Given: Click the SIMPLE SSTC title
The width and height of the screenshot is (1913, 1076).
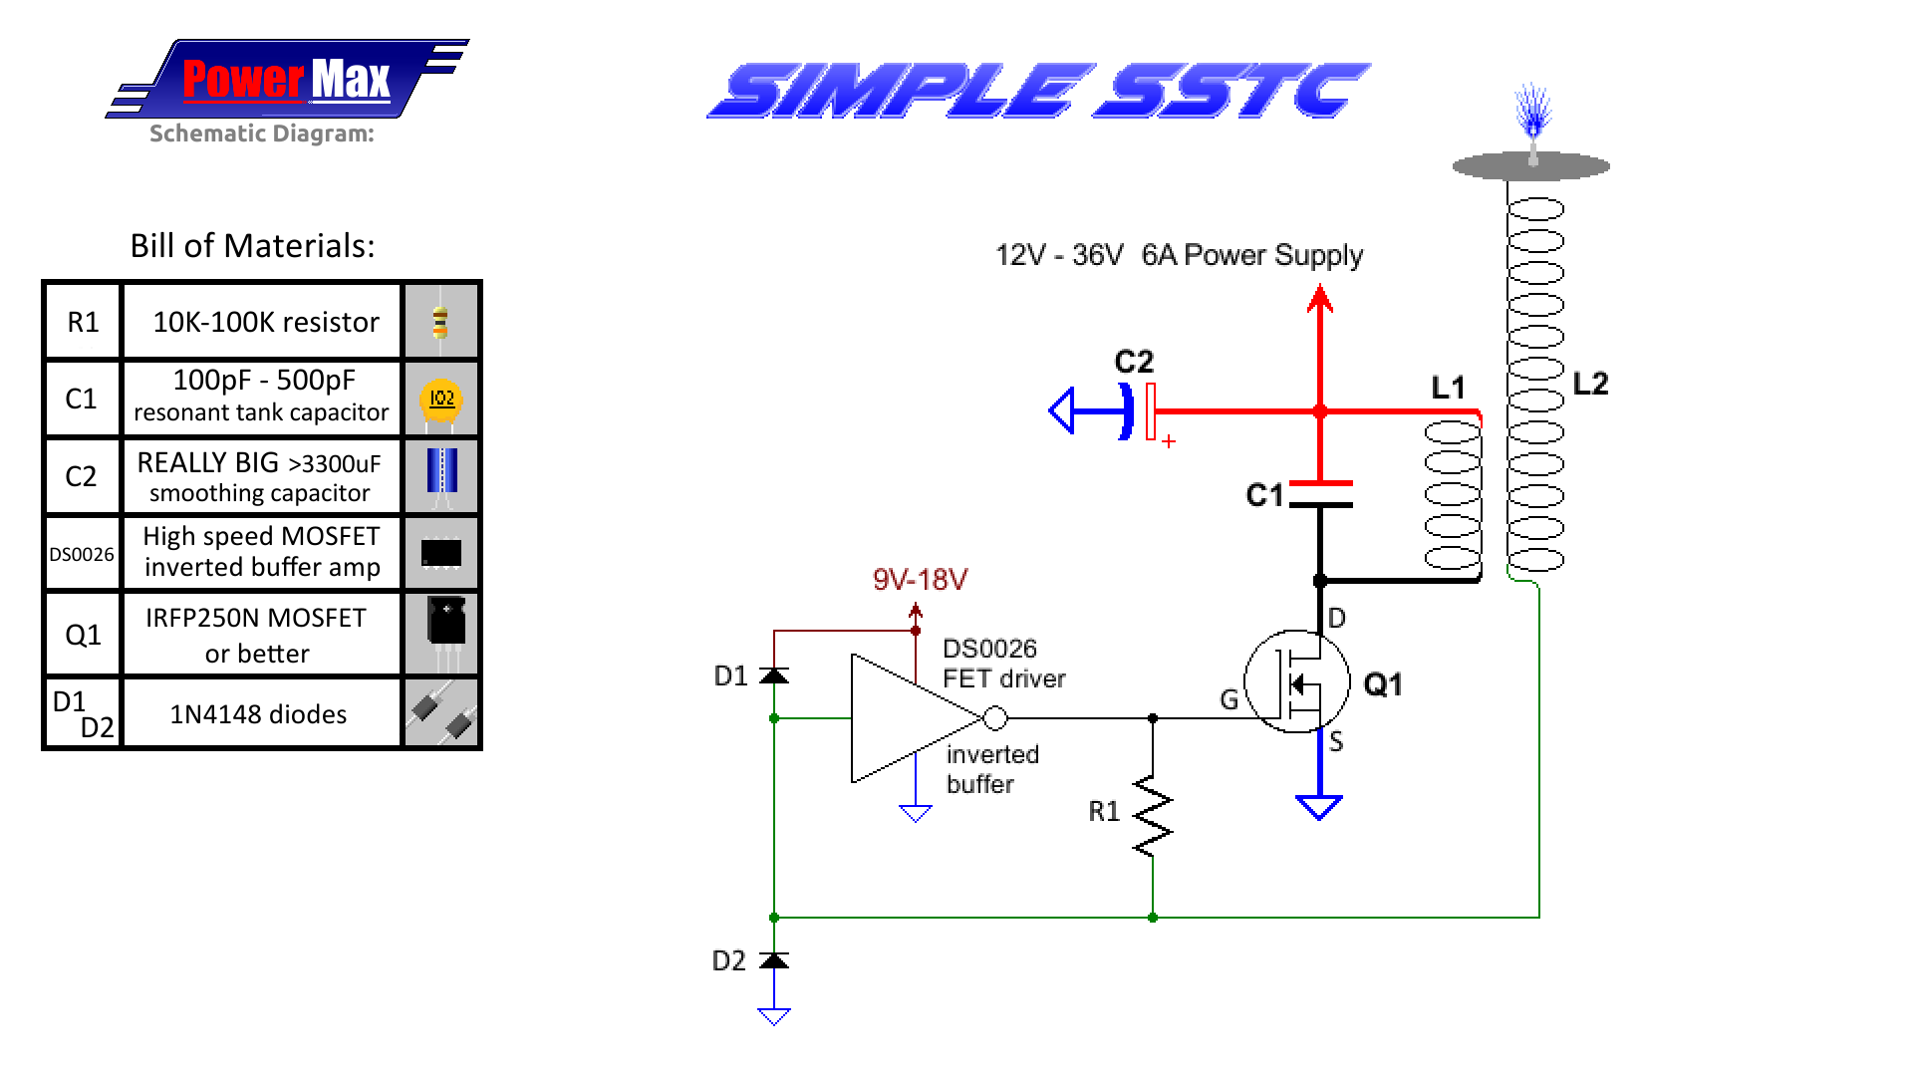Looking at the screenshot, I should pos(1038,91).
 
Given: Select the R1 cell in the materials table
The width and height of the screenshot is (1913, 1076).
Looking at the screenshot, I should pos(83,322).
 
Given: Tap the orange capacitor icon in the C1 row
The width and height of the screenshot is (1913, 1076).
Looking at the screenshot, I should pos(441,399).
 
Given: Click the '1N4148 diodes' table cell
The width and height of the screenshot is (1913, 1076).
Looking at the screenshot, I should pos(259,714).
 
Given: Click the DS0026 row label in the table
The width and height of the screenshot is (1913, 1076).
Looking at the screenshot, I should pos(82,554).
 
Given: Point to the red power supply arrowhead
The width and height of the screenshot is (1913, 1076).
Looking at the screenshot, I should pos(1320,298).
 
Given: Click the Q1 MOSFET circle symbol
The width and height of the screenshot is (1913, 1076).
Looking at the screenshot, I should pos(1296,682).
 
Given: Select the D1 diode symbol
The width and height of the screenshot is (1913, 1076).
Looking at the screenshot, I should pos(774,675).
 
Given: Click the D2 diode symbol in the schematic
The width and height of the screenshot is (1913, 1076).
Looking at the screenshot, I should pos(774,960).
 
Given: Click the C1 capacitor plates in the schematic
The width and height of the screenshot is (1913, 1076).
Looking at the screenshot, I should pos(1320,494).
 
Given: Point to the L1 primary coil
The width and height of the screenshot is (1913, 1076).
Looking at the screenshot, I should pos(1453,494).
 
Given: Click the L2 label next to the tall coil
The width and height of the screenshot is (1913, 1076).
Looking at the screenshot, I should pos(1590,385).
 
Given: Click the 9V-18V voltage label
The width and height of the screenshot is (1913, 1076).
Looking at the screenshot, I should pos(920,580).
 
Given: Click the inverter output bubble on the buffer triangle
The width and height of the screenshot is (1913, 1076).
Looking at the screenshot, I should pos(994,717).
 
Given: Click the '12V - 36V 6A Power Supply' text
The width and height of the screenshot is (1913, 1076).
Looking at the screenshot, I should pos(1179,255).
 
